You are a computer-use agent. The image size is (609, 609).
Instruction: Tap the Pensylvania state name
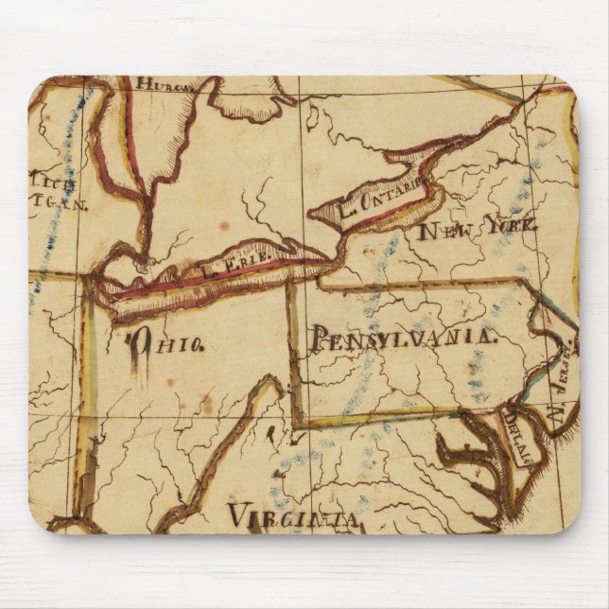(x=402, y=336)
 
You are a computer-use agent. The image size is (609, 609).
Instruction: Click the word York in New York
(x=511, y=226)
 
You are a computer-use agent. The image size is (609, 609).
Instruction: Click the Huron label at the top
(x=163, y=84)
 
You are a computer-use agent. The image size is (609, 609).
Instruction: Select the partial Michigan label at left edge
(x=54, y=189)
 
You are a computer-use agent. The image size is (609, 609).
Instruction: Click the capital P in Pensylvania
(x=320, y=338)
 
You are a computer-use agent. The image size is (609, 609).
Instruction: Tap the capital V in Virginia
(x=236, y=516)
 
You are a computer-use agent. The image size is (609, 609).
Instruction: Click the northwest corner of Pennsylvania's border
(x=288, y=283)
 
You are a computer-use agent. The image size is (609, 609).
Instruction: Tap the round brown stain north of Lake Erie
(x=224, y=227)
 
